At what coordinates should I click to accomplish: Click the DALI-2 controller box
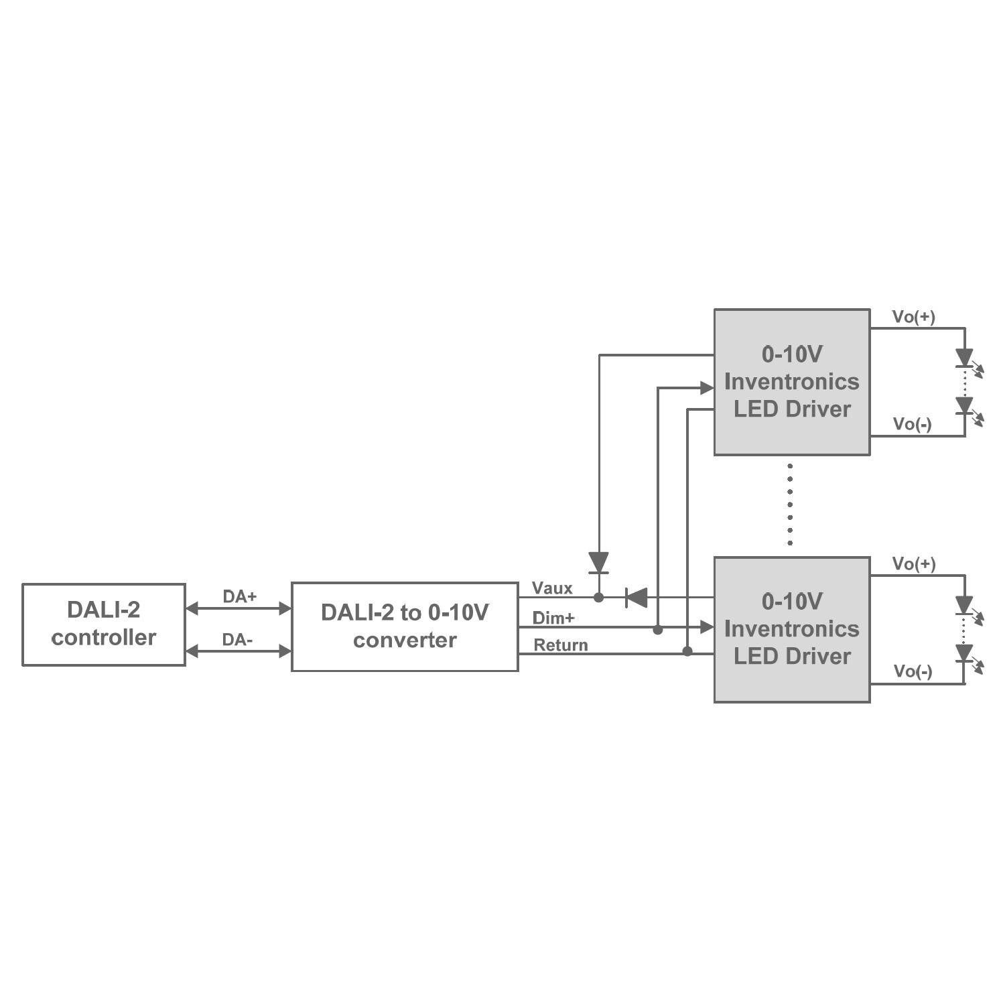pos(104,624)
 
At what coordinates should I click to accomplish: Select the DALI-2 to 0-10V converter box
pos(405,626)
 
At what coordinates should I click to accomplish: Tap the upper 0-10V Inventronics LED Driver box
pos(792,382)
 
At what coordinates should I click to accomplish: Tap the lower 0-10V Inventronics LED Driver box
pos(792,629)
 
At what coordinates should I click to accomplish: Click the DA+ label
pos(239,596)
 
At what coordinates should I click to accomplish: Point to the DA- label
pos(237,640)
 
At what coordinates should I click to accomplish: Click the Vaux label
pos(552,588)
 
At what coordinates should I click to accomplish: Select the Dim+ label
pos(553,618)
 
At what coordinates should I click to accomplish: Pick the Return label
pos(561,645)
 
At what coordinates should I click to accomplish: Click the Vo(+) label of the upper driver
pos(913,317)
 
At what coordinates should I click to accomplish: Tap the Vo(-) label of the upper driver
pos(912,424)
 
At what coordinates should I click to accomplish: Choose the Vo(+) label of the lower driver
pos(913,564)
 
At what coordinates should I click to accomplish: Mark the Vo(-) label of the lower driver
pos(913,671)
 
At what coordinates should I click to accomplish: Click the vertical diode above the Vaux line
pos(598,563)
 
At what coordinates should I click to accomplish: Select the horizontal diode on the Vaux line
pos(636,597)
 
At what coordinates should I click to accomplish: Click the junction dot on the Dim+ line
pos(658,630)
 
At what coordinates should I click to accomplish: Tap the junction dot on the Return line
pos(687,651)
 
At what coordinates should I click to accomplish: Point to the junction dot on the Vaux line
pos(599,597)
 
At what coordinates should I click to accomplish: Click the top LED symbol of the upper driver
pos(965,359)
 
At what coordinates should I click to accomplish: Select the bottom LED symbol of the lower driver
pos(965,655)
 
